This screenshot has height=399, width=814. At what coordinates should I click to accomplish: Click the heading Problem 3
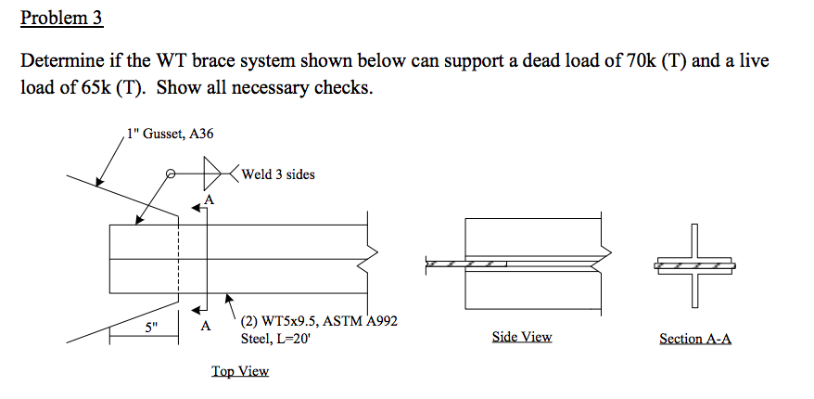tap(60, 18)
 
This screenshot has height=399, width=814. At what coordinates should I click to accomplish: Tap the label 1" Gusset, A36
tap(171, 135)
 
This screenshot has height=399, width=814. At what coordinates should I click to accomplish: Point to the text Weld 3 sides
tap(278, 174)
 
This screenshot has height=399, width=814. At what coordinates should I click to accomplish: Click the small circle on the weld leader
tap(171, 174)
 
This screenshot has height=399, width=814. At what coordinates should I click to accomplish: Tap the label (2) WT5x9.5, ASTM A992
tap(319, 322)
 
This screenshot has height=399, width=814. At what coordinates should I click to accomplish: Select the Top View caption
tap(240, 371)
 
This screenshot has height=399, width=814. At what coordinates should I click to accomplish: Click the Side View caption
tap(522, 337)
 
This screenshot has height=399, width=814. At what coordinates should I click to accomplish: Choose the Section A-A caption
tap(694, 339)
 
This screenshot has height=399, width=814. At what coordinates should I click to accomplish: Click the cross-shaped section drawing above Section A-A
tap(695, 265)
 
